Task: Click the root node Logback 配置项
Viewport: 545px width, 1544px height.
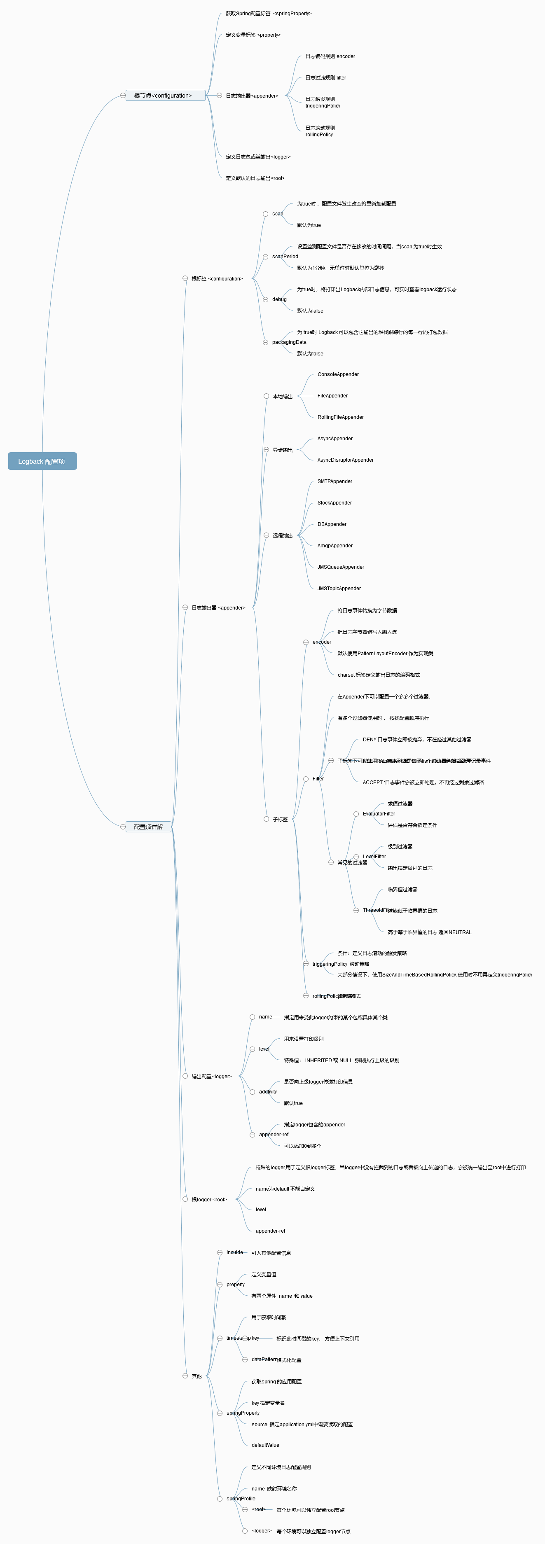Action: coord(42,461)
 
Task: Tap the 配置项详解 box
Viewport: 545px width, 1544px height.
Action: coord(148,827)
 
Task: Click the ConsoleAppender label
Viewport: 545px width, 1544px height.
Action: coord(338,374)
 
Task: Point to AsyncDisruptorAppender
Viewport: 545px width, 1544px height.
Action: coord(345,460)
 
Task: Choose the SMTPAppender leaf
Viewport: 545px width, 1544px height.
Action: coord(334,481)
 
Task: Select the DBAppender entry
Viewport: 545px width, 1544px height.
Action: coord(332,524)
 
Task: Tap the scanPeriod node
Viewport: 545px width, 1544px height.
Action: coord(285,257)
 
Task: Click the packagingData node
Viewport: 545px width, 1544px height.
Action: coord(289,342)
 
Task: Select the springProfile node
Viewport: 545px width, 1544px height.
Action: coord(241,1498)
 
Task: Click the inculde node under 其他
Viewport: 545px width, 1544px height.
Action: coord(234,1252)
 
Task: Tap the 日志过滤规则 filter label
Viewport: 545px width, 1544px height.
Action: coord(325,78)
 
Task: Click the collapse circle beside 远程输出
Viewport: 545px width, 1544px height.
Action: coord(266,535)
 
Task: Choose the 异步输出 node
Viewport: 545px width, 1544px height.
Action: coord(283,450)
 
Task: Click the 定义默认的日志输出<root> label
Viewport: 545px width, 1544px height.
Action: coord(255,178)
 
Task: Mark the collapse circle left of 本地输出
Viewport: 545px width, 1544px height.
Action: coord(266,396)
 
